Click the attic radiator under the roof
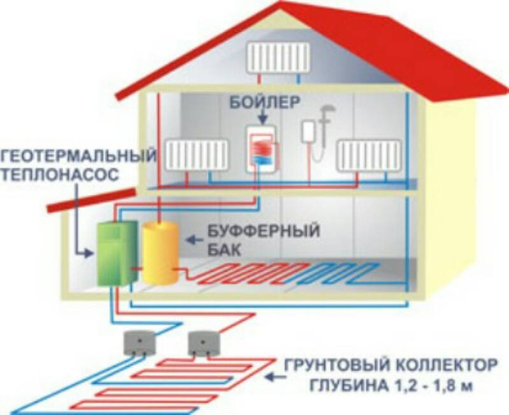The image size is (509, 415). click(279, 57)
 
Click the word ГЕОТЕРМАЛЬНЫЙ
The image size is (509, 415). click(79, 156)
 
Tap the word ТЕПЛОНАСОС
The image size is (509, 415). click(60, 173)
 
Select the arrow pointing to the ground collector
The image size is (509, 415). click(276, 377)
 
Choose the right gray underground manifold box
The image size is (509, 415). click(204, 344)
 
